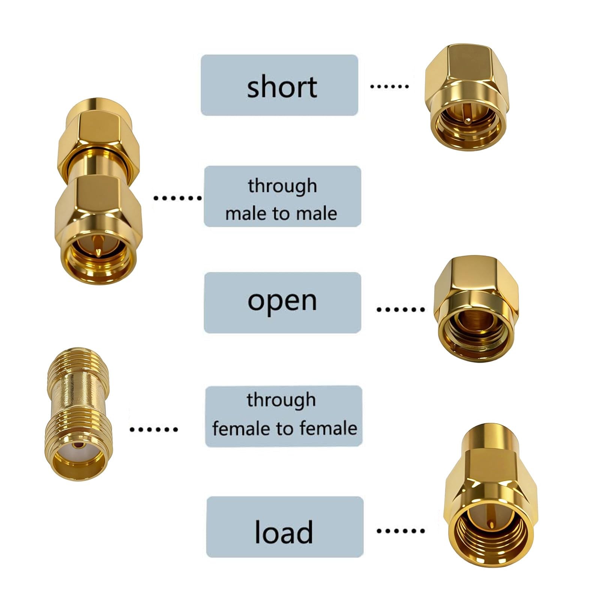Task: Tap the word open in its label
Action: point(282,301)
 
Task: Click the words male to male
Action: point(281,213)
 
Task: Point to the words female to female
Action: point(285,428)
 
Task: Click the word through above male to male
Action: point(282,186)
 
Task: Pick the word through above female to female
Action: point(281,400)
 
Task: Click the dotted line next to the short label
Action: point(389,86)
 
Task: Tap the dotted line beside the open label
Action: point(400,309)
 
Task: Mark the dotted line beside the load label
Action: point(400,531)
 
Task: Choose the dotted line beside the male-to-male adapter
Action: point(177,198)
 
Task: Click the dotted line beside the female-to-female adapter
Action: point(153,429)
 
